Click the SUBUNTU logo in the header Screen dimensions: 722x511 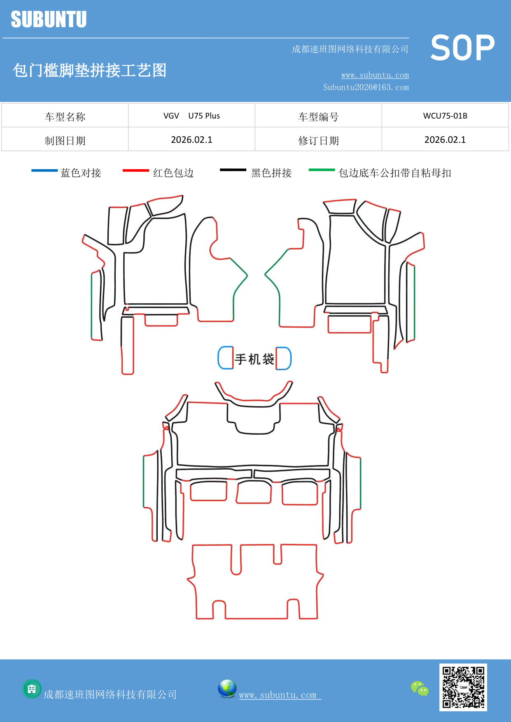(49, 19)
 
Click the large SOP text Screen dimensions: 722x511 (462, 48)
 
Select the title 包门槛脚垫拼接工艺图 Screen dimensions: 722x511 (89, 70)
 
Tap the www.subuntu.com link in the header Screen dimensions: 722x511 (375, 75)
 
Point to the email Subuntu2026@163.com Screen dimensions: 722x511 (366, 87)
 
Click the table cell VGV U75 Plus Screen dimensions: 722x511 (191, 116)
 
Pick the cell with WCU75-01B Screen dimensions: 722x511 (445, 116)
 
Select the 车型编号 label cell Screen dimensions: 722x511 (318, 117)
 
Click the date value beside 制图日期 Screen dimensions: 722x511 (191, 140)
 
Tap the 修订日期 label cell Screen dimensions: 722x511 (318, 141)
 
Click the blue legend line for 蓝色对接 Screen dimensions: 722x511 (44, 170)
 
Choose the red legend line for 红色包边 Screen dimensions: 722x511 (135, 170)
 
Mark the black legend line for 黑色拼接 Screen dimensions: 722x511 (233, 170)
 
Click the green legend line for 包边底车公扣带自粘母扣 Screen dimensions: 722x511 (322, 170)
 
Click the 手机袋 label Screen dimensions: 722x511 (254, 359)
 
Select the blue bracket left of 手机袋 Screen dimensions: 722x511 (225, 358)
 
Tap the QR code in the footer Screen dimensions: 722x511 (463, 687)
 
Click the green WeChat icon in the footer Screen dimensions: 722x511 (420, 688)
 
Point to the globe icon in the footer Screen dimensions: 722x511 (227, 689)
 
